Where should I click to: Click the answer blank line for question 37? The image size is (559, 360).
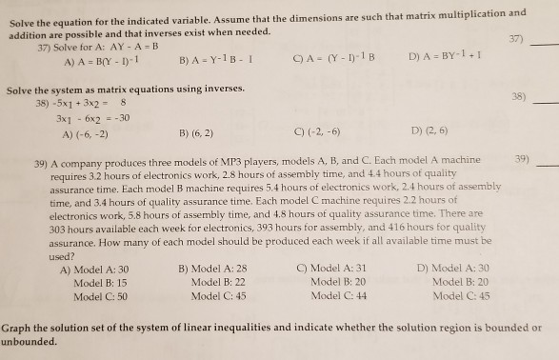[x=542, y=44]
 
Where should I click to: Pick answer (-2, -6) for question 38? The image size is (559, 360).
[x=324, y=131]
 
